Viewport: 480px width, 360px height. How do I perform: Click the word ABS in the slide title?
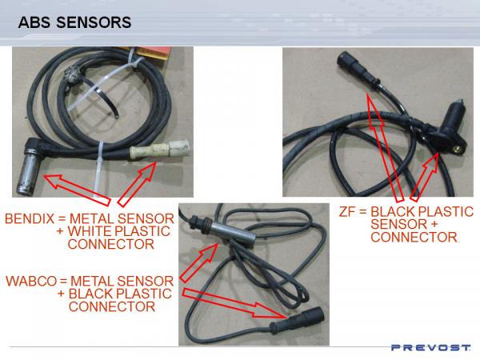(34, 22)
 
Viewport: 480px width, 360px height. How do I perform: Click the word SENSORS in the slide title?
(94, 22)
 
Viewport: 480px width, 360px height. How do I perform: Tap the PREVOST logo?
(431, 347)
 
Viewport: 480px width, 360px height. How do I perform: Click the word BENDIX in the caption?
(30, 218)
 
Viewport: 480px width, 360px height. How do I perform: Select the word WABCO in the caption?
(31, 281)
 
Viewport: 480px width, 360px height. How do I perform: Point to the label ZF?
(347, 211)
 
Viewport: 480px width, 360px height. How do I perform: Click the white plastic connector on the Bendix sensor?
(160, 150)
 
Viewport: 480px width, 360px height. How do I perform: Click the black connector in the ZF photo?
(358, 69)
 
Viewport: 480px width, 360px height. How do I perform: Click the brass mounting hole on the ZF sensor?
(458, 149)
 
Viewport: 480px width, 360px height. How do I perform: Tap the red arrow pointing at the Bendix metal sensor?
(77, 189)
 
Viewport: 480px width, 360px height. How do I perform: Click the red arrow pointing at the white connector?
(138, 183)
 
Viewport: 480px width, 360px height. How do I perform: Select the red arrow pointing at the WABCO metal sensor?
(199, 262)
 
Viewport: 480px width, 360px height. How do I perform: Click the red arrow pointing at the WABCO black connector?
(234, 303)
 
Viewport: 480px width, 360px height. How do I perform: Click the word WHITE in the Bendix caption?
(90, 231)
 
